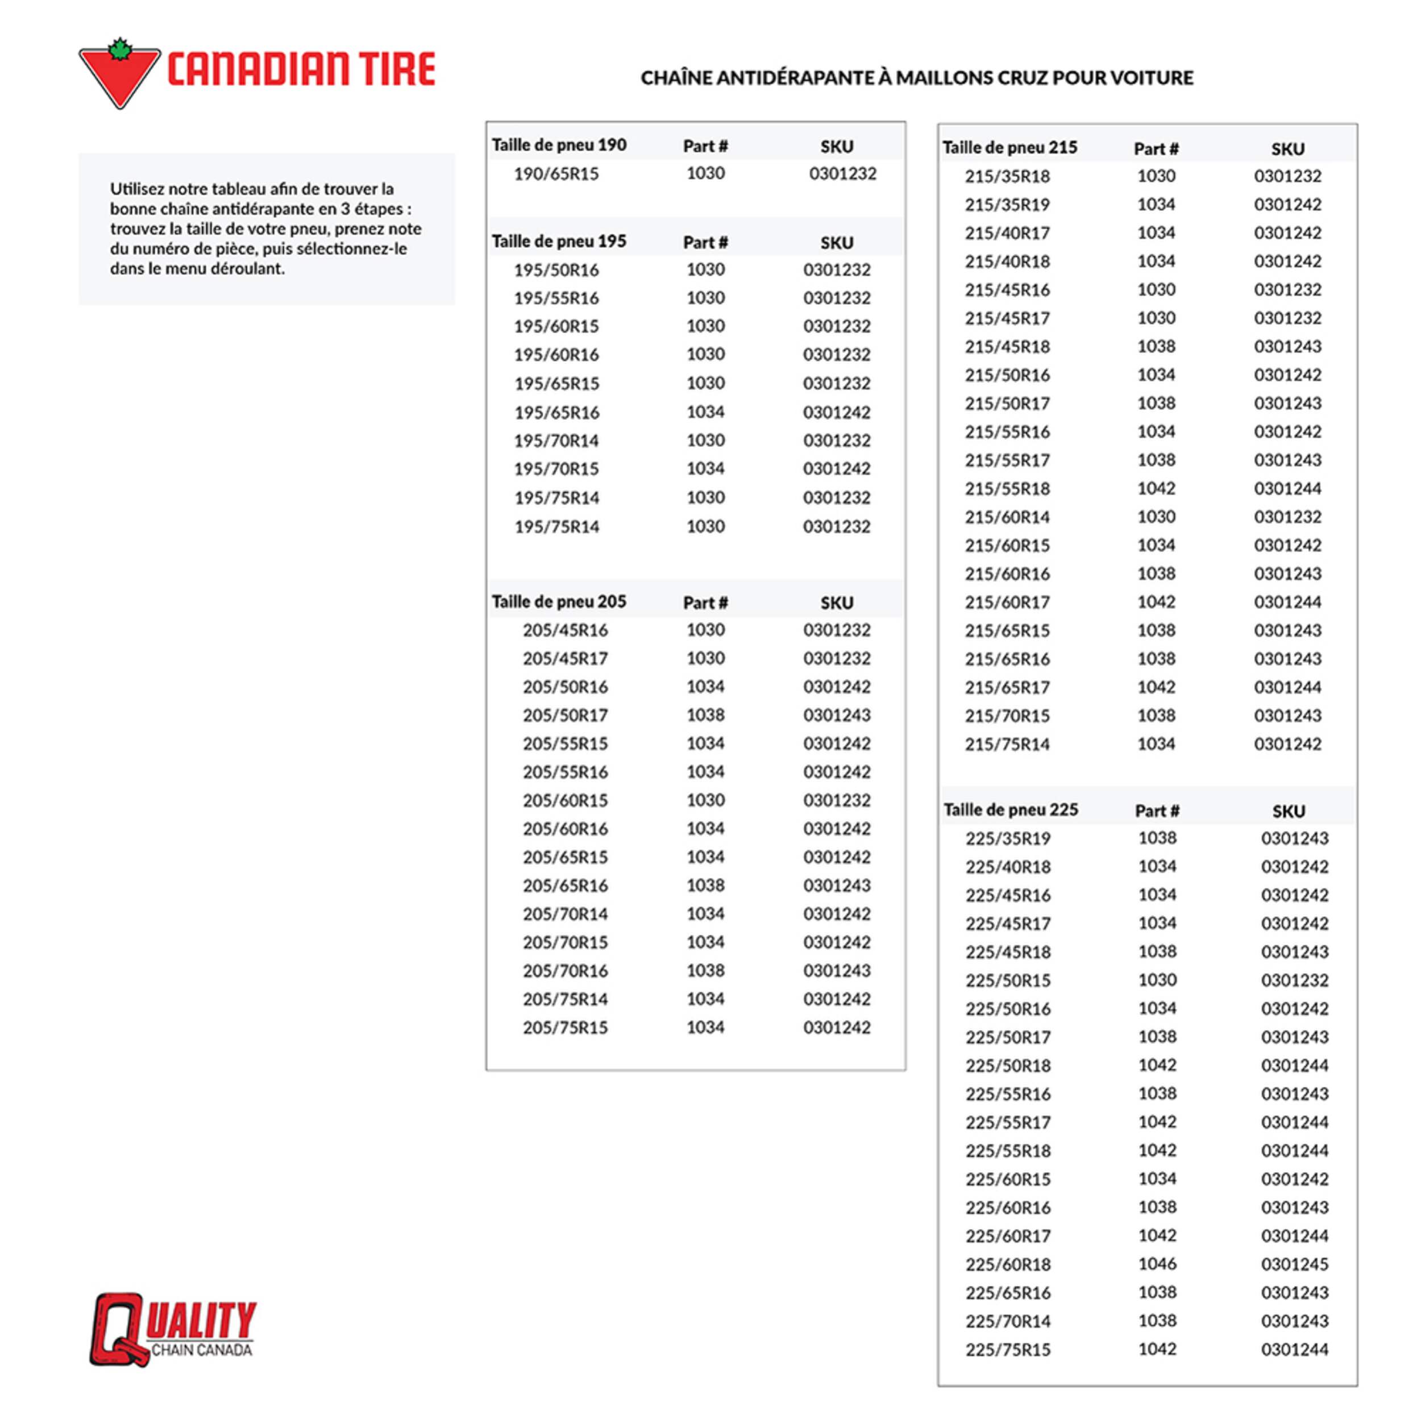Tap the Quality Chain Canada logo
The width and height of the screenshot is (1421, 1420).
coord(173,1330)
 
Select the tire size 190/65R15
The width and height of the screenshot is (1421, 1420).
coord(556,173)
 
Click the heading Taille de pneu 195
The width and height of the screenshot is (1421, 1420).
coord(559,242)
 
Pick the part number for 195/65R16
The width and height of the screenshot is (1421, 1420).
coord(705,412)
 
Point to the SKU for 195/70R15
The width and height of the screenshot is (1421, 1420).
coord(836,468)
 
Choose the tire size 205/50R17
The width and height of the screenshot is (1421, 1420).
coord(565,715)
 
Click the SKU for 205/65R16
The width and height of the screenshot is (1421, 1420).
coord(836,885)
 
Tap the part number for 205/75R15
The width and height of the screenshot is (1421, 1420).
coord(705,1027)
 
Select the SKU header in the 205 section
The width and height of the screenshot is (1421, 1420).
coord(836,603)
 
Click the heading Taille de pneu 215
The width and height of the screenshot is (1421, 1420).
coord(1010,148)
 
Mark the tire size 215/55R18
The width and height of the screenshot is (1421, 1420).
coord(1007,488)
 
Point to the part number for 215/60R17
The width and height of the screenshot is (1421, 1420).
coord(1156,602)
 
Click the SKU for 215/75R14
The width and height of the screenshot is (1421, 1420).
coord(1287,744)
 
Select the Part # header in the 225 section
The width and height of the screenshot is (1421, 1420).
coord(1157,811)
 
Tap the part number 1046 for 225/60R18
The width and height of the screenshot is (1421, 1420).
coord(1157,1264)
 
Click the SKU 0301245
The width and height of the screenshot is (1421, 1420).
coord(1294,1264)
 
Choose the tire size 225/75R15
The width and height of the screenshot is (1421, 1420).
coord(1008,1350)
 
